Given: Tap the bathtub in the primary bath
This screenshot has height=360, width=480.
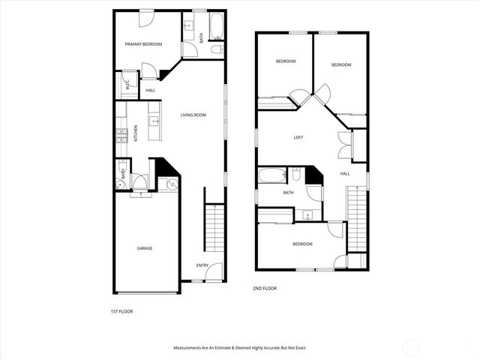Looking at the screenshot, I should pyautogui.click(x=216, y=27).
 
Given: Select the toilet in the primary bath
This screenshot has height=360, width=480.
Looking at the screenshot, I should pyautogui.click(x=216, y=50).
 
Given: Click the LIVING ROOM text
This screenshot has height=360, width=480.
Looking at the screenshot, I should pyautogui.click(x=193, y=115).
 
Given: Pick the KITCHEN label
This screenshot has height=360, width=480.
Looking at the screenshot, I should pyautogui.click(x=136, y=133).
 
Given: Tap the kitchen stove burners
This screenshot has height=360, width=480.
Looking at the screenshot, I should pyautogui.click(x=120, y=136).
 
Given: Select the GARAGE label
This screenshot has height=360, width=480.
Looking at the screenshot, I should pyautogui.click(x=145, y=247).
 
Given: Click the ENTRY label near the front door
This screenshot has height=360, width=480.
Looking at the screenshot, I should pyautogui.click(x=202, y=265).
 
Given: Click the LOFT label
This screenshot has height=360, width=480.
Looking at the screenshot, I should pyautogui.click(x=298, y=137).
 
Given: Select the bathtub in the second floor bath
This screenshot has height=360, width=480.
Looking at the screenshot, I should pyautogui.click(x=271, y=176).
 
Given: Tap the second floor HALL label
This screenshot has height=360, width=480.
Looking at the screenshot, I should pyautogui.click(x=345, y=173).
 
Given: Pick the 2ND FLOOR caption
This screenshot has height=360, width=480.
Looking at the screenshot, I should pyautogui.click(x=265, y=288).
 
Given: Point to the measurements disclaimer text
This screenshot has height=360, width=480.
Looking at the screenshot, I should pyautogui.click(x=240, y=348).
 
